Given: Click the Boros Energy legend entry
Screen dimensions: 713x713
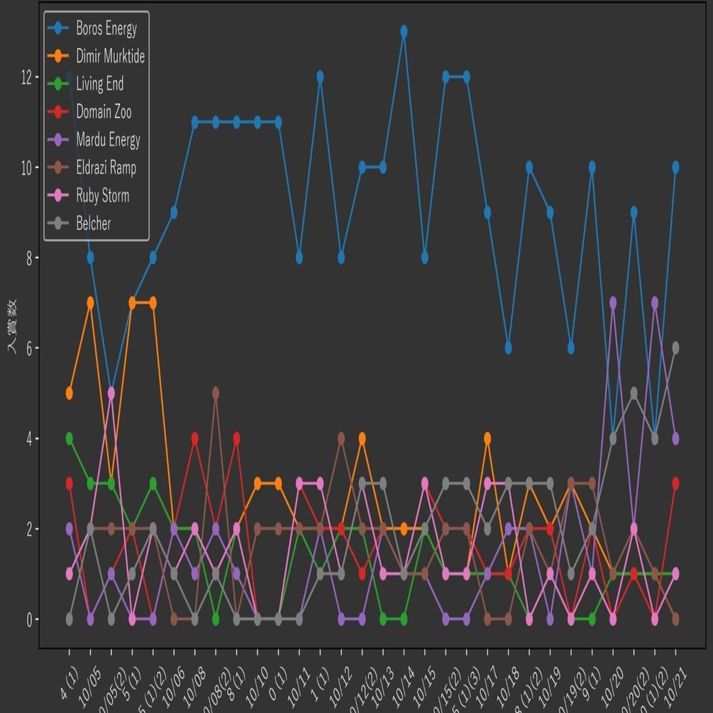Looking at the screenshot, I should coord(106,29).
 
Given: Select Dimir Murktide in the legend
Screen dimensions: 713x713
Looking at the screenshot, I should coord(110,57).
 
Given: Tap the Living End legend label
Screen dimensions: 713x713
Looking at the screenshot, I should coord(99,84).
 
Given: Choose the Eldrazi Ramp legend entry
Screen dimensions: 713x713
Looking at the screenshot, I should coord(106,168).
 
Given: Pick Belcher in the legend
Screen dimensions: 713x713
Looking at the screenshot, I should coord(93,224).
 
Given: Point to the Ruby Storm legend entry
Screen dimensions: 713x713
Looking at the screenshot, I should coord(102,196).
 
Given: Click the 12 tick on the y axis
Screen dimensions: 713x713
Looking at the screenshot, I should coord(26,77).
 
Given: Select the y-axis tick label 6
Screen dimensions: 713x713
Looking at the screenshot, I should coord(29,348).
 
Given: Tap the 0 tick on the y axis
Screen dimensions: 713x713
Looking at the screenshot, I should coord(29,619).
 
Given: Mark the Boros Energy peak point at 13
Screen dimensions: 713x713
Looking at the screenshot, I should coord(404,31).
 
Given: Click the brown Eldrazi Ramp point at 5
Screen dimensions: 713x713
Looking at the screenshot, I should coord(216,393).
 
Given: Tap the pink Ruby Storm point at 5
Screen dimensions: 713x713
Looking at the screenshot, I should coord(111,393).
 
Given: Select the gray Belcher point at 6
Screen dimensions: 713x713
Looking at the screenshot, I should coord(675,348).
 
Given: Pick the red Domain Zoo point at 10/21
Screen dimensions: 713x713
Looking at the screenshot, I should coord(675,483).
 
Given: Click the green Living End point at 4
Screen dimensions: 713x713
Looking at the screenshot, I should coord(70,438).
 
